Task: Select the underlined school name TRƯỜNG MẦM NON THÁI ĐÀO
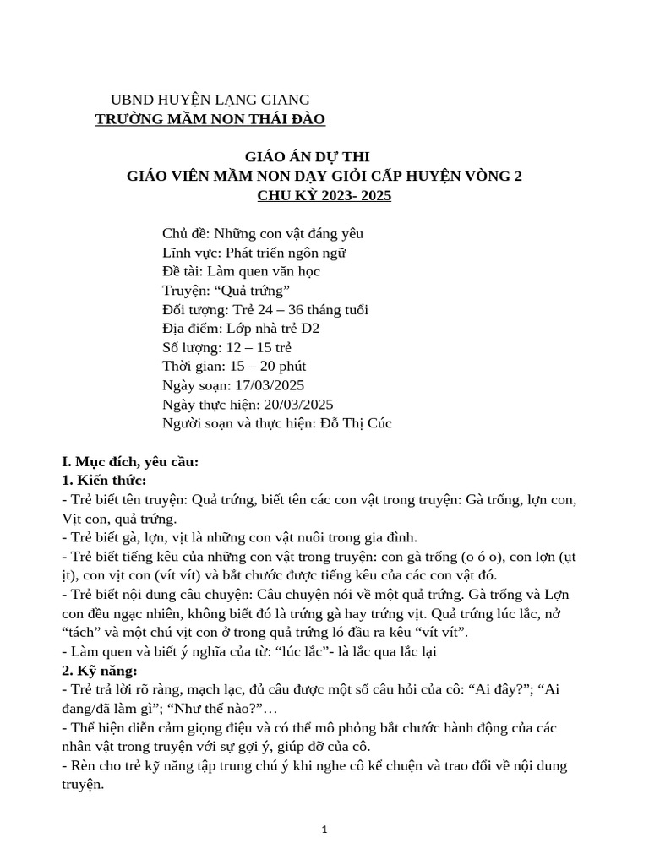point(210,119)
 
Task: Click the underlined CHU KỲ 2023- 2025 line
point(324,195)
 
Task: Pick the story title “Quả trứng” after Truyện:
point(252,291)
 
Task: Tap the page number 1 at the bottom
point(324,830)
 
